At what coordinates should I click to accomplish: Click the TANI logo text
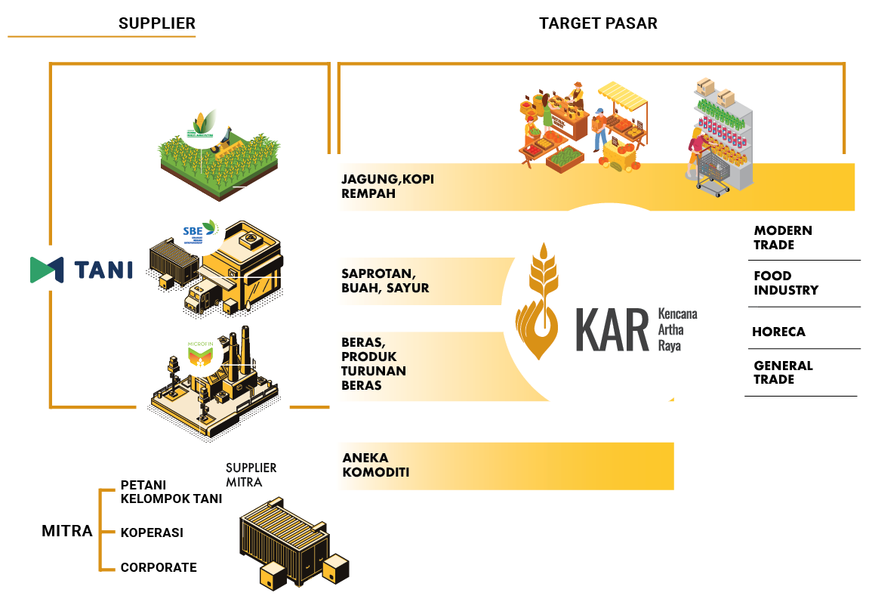(x=103, y=270)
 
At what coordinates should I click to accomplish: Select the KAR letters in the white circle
(x=612, y=330)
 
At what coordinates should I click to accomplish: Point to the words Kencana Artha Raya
(x=677, y=329)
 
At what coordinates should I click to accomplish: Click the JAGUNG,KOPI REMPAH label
(x=388, y=187)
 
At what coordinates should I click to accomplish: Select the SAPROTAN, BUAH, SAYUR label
(x=385, y=280)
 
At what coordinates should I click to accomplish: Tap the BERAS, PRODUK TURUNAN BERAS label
(x=374, y=363)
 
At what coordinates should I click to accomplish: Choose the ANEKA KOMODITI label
(x=376, y=465)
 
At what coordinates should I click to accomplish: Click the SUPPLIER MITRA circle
(x=244, y=474)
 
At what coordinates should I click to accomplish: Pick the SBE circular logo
(x=201, y=230)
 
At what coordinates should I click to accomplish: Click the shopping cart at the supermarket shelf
(x=712, y=171)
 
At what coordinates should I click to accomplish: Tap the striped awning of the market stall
(x=623, y=95)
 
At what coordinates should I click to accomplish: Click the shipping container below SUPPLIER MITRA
(x=285, y=540)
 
